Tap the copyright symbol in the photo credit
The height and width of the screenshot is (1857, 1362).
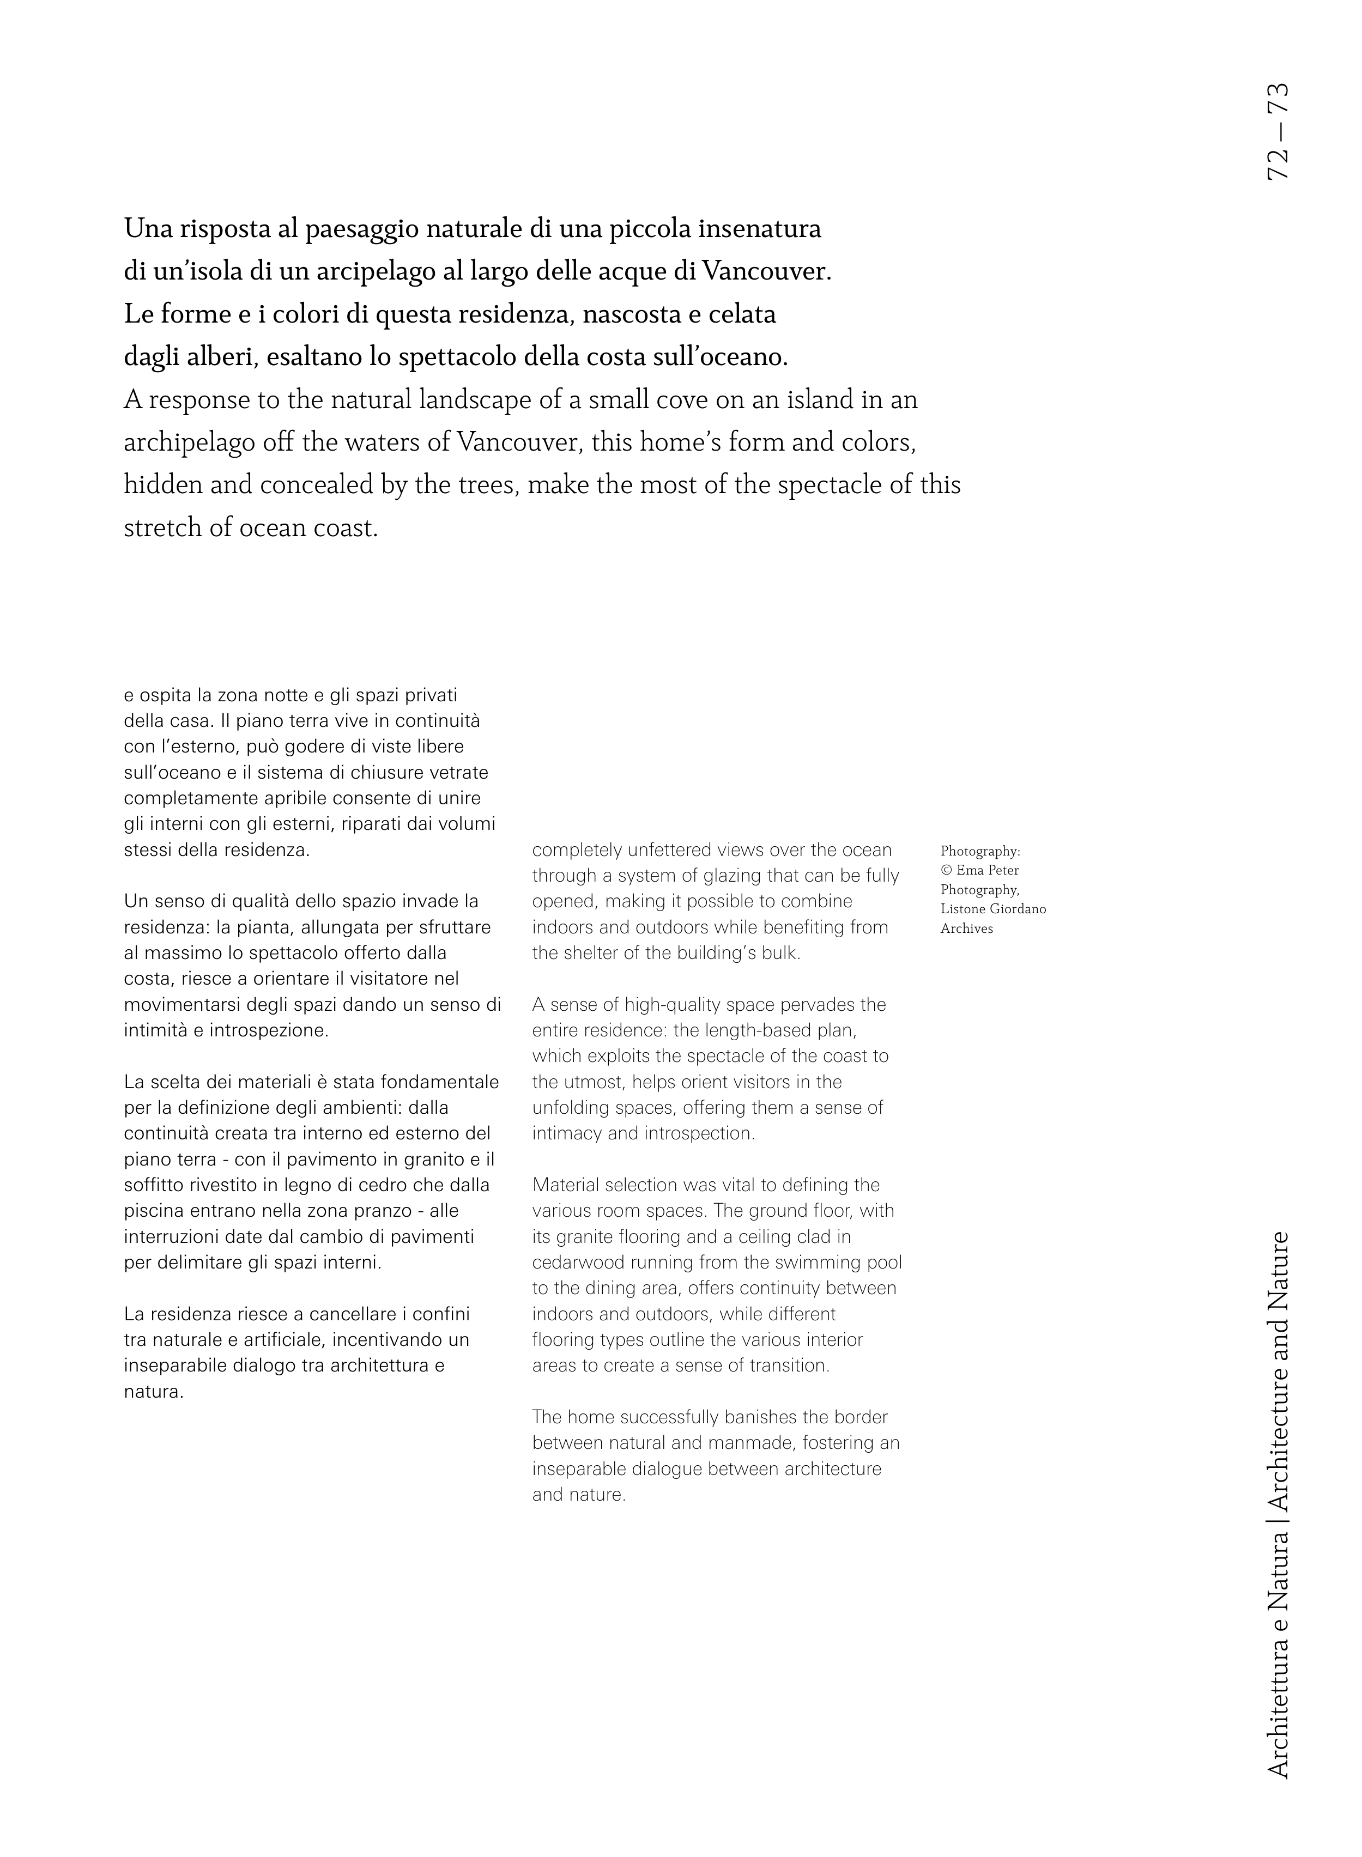946,870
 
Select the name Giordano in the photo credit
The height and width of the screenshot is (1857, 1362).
1018,909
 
